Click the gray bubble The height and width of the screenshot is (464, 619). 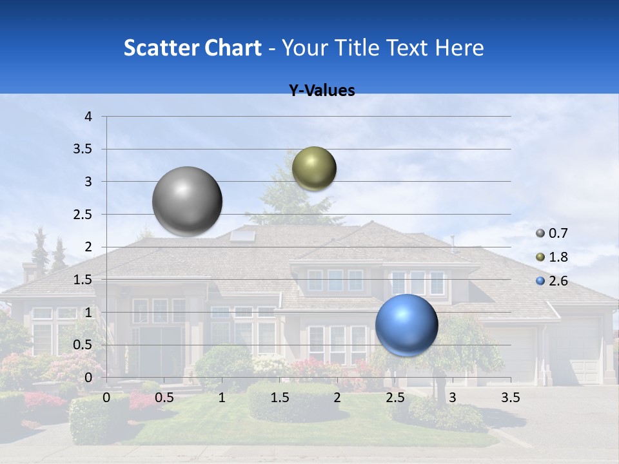(x=188, y=201)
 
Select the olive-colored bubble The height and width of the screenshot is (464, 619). (x=314, y=168)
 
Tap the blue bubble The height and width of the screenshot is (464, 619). (x=406, y=325)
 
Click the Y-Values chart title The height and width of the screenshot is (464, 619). (x=322, y=91)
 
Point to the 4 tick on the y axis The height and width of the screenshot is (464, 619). (x=88, y=117)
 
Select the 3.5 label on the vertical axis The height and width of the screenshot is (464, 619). (x=83, y=149)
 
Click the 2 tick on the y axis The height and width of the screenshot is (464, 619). (x=88, y=247)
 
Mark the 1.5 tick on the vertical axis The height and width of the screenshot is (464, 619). (x=83, y=279)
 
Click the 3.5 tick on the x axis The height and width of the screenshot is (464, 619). (x=510, y=398)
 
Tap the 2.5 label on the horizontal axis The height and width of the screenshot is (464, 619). (x=395, y=398)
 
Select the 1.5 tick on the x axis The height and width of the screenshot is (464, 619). (x=279, y=398)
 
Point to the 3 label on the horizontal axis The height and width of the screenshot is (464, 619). (x=453, y=398)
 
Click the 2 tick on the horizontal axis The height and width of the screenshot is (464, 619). (x=337, y=398)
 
